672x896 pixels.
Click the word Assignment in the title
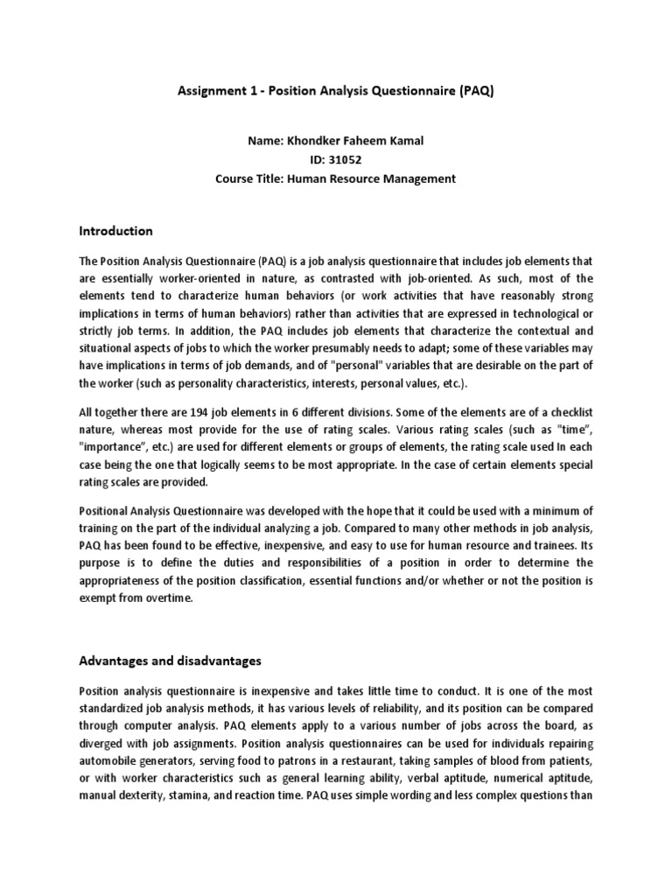[207, 91]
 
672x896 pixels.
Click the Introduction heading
[116, 231]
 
